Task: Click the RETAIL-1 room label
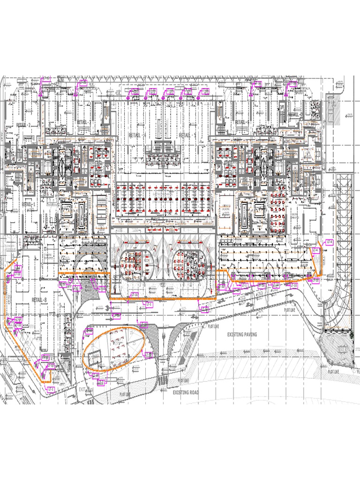coord(29,205)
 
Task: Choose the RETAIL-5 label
coord(187,135)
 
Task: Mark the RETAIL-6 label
coord(241,122)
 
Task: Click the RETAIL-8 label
coord(39,300)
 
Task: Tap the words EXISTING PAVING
coord(242,335)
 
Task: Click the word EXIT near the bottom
coord(83,389)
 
